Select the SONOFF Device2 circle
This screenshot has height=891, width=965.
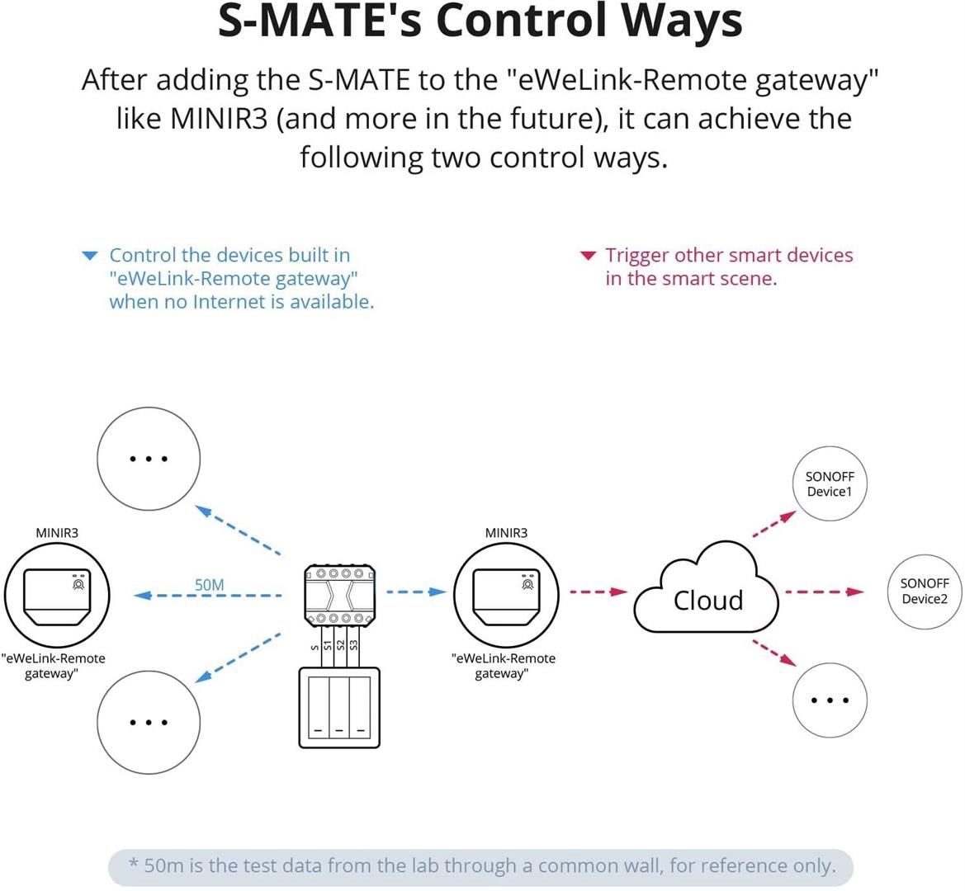coord(924,592)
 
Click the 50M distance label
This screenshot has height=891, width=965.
coord(209,585)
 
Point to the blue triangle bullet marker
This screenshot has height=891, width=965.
coord(91,257)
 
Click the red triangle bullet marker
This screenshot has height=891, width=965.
coord(588,256)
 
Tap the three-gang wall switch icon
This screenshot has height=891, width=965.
coord(338,708)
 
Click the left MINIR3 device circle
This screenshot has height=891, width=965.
coord(57,594)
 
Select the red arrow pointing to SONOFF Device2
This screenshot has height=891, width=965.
coord(822,592)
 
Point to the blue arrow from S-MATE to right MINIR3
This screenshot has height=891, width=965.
coord(416,592)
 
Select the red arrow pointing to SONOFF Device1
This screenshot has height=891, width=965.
coord(773,524)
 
